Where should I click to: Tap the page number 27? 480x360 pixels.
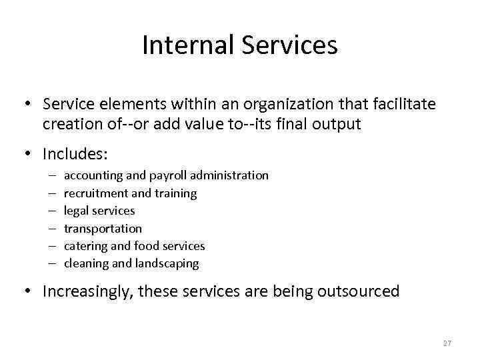coord(447,343)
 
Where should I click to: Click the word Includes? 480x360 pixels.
coord(75,154)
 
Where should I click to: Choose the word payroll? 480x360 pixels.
coord(167,175)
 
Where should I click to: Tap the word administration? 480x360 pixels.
coord(229,175)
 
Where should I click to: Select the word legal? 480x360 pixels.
coord(77,211)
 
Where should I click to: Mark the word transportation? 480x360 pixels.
coord(103,228)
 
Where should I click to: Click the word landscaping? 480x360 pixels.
coord(167,263)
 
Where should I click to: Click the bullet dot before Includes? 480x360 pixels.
coord(30,154)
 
